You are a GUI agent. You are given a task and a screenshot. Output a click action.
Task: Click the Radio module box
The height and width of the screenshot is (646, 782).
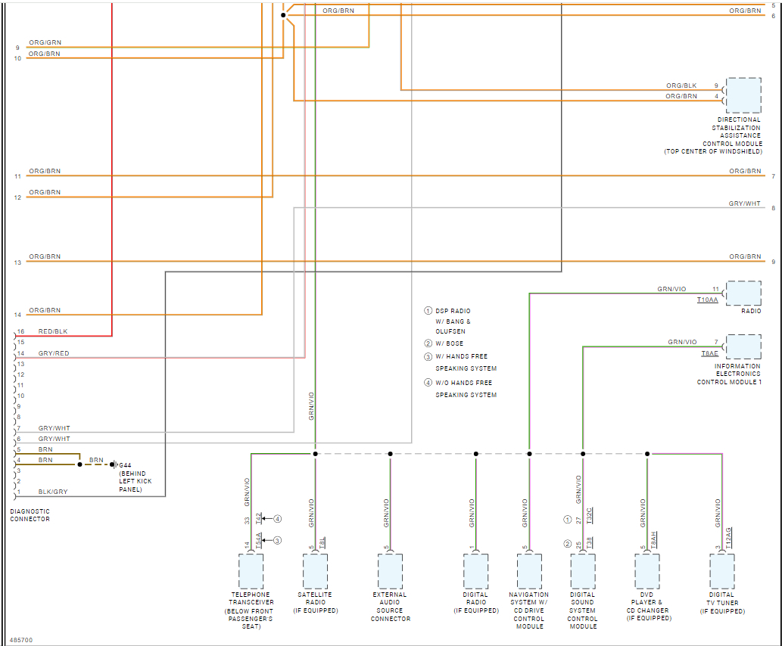tap(743, 293)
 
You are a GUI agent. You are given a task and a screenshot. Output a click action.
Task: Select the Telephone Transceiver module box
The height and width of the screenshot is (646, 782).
tap(251, 571)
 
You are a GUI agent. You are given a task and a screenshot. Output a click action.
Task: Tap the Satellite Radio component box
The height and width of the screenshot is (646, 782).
tap(316, 571)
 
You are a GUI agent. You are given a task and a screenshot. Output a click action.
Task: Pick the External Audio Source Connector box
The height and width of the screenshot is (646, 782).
tap(391, 571)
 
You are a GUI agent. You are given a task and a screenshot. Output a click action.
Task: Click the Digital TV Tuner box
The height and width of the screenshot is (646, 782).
tap(721, 571)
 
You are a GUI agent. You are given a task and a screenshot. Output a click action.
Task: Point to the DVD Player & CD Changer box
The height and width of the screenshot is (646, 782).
tap(647, 571)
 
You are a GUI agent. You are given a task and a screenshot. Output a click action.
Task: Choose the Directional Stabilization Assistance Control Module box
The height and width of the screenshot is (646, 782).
tap(743, 95)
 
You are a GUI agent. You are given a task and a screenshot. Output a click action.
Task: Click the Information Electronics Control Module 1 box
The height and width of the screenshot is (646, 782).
tap(743, 347)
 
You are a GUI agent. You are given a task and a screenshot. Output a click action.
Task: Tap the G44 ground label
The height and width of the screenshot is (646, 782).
tap(125, 464)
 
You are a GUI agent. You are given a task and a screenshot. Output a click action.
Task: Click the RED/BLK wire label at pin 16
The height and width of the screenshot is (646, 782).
tap(53, 331)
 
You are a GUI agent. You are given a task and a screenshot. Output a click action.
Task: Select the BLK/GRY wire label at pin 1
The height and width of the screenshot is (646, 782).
tap(53, 492)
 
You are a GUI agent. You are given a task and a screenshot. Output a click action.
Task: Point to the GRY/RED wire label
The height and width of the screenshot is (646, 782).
tap(54, 353)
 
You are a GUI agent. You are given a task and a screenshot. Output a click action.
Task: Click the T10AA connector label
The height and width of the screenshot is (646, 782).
tap(708, 300)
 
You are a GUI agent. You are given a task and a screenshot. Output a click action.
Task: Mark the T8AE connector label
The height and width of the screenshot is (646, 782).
tap(709, 353)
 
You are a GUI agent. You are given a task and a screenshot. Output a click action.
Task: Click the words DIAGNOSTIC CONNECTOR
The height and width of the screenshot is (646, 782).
tap(30, 515)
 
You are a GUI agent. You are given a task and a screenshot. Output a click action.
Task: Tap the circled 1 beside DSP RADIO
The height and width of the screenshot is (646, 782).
tap(428, 311)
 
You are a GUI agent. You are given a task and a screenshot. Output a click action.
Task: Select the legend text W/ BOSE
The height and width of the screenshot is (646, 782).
tap(450, 343)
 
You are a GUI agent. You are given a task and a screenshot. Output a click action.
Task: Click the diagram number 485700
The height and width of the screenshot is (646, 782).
tap(21, 640)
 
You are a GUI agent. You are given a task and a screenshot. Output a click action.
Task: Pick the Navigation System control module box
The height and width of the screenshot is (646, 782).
tap(529, 571)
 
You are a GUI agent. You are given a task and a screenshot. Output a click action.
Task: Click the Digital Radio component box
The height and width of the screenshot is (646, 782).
tap(476, 571)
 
